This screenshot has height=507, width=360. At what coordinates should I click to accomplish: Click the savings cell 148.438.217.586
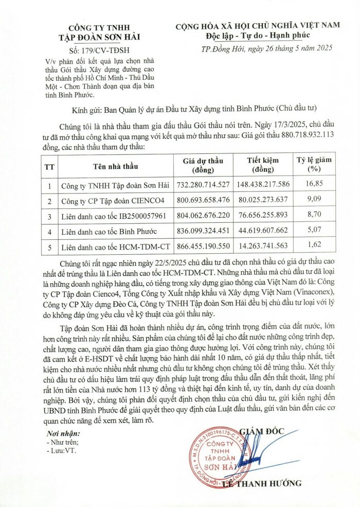click(x=263, y=184)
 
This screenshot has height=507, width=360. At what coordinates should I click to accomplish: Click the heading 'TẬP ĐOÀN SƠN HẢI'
click(x=100, y=36)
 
